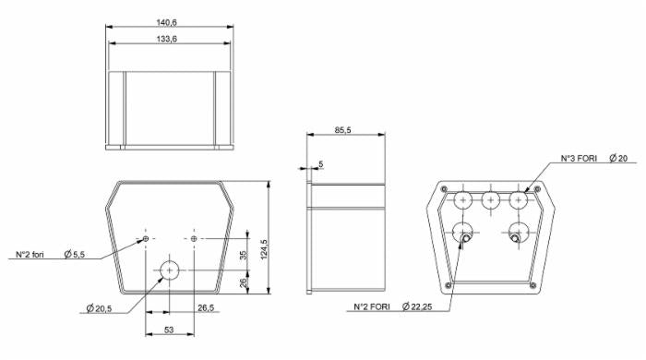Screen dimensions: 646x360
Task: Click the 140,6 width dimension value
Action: (166, 22)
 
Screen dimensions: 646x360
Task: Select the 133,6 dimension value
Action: (166, 39)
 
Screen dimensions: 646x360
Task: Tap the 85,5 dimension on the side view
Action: (342, 130)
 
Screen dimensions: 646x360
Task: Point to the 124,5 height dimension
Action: (264, 249)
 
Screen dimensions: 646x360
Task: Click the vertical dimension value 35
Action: (244, 255)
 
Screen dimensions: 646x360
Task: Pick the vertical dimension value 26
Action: (244, 283)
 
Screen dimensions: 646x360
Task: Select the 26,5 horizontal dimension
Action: (206, 307)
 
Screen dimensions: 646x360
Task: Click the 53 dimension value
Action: (169, 330)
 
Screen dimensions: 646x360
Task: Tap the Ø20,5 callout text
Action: (99, 308)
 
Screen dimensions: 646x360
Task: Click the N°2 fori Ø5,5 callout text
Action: (50, 254)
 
